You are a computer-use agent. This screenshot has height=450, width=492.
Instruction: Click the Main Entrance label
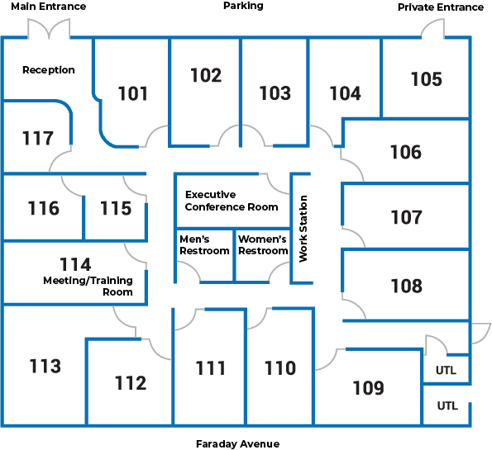pyautogui.click(x=49, y=7)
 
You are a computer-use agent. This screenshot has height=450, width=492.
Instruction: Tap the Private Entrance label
pyautogui.click(x=441, y=7)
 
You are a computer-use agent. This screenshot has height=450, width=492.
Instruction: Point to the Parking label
pyautogui.click(x=243, y=6)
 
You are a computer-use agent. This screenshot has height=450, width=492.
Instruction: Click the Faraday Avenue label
pyautogui.click(x=237, y=443)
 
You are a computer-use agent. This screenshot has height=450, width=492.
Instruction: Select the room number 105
pyautogui.click(x=427, y=79)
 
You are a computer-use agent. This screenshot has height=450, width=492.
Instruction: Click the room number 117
pyautogui.click(x=38, y=138)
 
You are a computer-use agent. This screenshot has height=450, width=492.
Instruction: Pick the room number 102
pyautogui.click(x=206, y=75)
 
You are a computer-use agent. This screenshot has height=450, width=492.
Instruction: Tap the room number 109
pyautogui.click(x=368, y=388)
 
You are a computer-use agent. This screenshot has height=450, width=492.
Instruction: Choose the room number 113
pyautogui.click(x=45, y=366)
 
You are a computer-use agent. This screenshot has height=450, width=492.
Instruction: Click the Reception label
pyautogui.click(x=49, y=70)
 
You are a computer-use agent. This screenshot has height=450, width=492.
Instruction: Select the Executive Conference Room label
pyautogui.click(x=232, y=201)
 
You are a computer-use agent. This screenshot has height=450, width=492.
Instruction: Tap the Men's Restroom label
pyautogui.click(x=204, y=245)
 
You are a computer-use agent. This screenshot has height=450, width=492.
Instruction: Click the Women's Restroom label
pyautogui.click(x=263, y=245)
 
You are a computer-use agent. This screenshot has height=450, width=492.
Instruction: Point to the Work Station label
pyautogui.click(x=303, y=229)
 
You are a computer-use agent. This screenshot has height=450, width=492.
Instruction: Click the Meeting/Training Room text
pyautogui.click(x=88, y=287)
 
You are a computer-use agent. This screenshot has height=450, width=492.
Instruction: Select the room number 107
pyautogui.click(x=406, y=217)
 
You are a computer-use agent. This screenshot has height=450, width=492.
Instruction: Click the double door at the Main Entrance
pyautogui.click(x=49, y=29)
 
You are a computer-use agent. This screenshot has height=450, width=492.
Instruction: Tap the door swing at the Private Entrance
pyautogui.click(x=432, y=28)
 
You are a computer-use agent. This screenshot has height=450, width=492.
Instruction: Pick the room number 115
pyautogui.click(x=116, y=208)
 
